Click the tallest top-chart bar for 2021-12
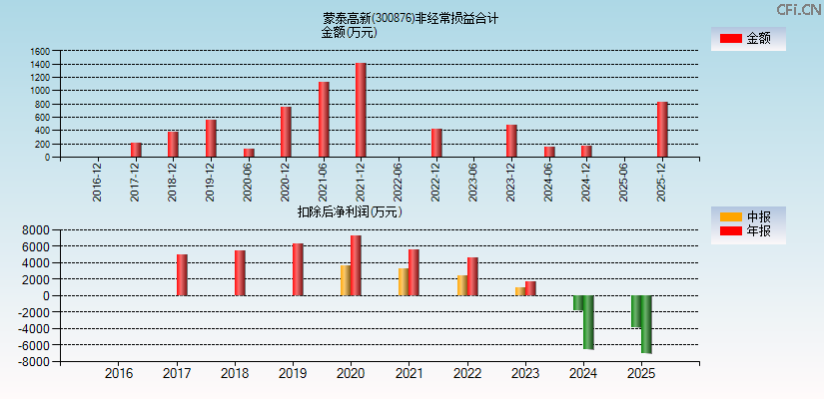pos(361,110)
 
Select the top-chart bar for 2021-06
pos(324,120)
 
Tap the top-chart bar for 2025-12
pos(662,130)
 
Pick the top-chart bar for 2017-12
pos(136,150)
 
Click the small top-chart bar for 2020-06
pos(249,153)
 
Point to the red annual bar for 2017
pos(182,275)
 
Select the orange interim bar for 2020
pos(346,280)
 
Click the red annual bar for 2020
pos(356,265)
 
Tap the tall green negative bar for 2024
pos(588,322)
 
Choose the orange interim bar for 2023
pos(519,291)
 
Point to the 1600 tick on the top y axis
pos(40,51)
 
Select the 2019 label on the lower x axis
pos(293,374)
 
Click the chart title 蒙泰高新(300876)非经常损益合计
pos(411,18)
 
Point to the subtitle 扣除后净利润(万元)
pos(350,211)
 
